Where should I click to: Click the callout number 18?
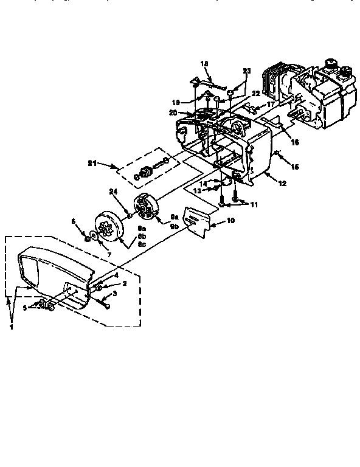204,63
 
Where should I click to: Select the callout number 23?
246,71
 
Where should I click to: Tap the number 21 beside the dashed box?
92,163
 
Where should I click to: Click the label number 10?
230,221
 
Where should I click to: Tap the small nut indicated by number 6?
86,239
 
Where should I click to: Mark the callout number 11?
254,205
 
